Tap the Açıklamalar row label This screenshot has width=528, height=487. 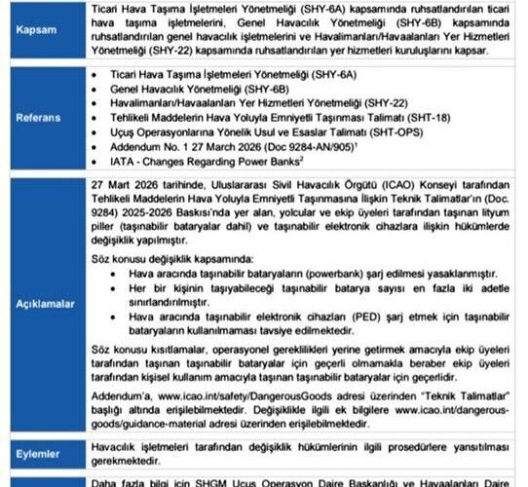coord(42,304)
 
